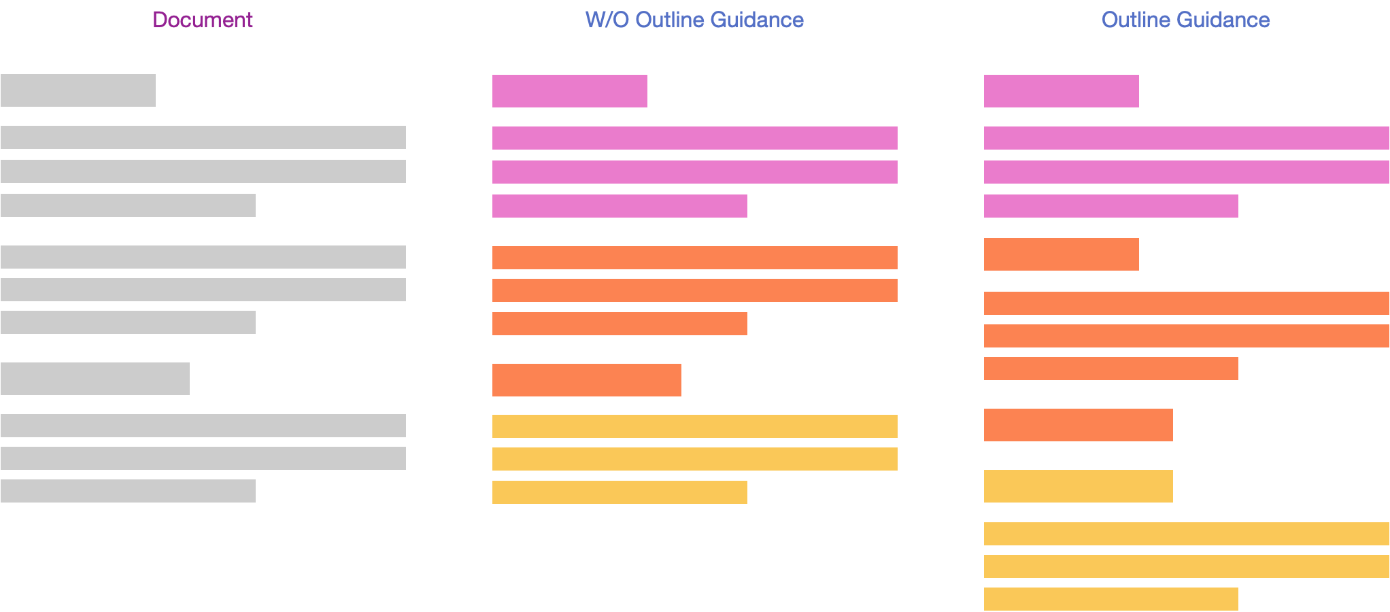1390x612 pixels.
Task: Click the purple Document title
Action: (203, 20)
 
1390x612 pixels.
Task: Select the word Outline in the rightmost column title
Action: (1140, 20)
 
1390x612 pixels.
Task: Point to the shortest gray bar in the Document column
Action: (78, 90)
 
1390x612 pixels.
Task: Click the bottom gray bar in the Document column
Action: (128, 491)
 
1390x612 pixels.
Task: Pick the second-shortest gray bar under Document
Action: (95, 379)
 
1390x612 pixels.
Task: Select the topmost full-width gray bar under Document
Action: (203, 137)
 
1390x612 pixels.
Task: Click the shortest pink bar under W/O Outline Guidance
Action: (570, 91)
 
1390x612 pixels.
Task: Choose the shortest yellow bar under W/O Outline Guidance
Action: (620, 492)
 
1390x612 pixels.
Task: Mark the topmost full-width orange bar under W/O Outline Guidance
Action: (695, 258)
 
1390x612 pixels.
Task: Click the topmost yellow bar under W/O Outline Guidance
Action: (695, 426)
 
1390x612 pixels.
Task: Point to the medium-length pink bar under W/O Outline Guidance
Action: (620, 206)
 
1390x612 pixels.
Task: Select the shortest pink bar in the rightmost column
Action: (1062, 91)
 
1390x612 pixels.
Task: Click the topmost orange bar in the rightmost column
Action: (1062, 254)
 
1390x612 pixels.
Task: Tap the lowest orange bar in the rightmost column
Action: (1079, 425)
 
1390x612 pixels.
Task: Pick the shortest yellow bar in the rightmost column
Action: (1079, 486)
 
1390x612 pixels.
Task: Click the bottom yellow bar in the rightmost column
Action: (1111, 599)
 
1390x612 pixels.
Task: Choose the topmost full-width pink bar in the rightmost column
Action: (1187, 138)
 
